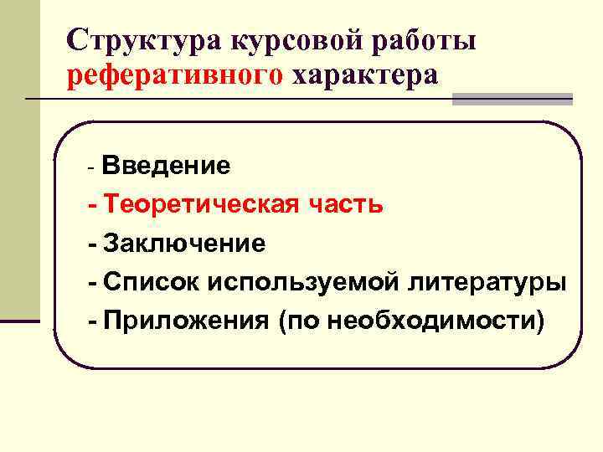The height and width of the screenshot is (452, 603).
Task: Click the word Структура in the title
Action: coord(135,40)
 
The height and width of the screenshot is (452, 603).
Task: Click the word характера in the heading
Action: coord(364,75)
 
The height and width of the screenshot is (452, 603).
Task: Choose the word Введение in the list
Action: coord(165,165)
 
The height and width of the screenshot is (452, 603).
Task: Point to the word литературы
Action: coord(487,282)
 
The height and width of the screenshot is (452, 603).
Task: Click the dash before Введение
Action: coord(92,167)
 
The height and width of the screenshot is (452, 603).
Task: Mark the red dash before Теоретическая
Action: coord(93,204)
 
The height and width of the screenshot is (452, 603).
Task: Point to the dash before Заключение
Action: coord(93,244)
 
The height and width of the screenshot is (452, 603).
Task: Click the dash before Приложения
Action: coord(93,321)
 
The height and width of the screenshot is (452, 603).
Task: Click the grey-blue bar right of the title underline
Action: coord(512,100)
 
